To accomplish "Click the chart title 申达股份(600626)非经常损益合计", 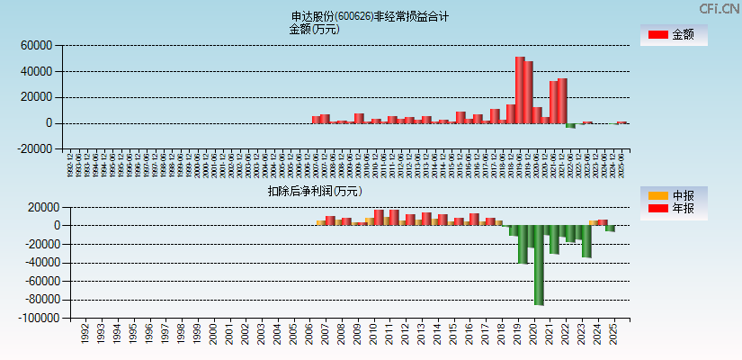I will pos(370,16).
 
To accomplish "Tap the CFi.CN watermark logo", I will pos(719,8).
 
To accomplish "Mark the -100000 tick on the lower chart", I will pos(39,319).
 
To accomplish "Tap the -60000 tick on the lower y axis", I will pos(41,281).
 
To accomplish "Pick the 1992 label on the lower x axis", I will pos(85,334).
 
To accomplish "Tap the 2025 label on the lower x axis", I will pos(612,334).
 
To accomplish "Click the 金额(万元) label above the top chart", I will pos(314,29).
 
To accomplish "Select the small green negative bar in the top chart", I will pos(570,126).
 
